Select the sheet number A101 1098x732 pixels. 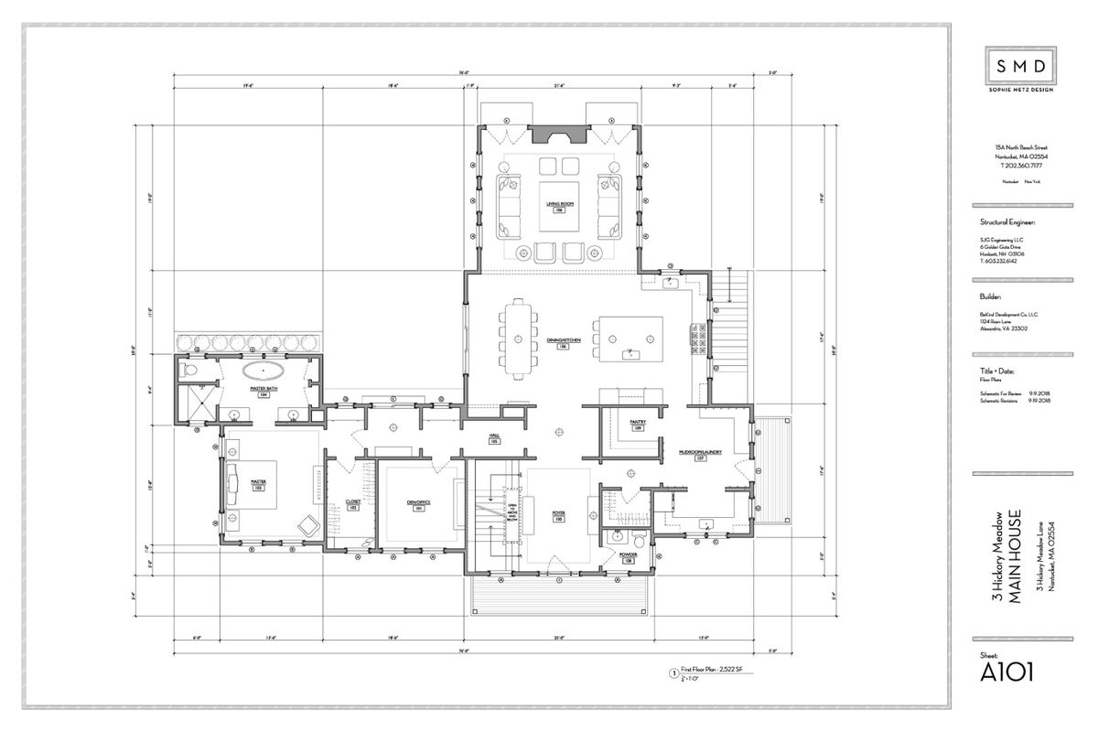pos(1007,673)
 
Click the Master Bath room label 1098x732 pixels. pos(264,389)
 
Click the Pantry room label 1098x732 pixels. pos(638,423)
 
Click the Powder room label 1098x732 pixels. pos(628,554)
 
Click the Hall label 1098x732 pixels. pos(493,437)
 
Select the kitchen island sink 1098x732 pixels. pos(630,352)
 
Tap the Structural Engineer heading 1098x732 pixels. pos(1007,221)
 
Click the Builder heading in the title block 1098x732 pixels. pos(990,296)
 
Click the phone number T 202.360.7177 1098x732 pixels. pos(1018,167)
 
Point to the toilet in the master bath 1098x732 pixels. pos(188,371)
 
